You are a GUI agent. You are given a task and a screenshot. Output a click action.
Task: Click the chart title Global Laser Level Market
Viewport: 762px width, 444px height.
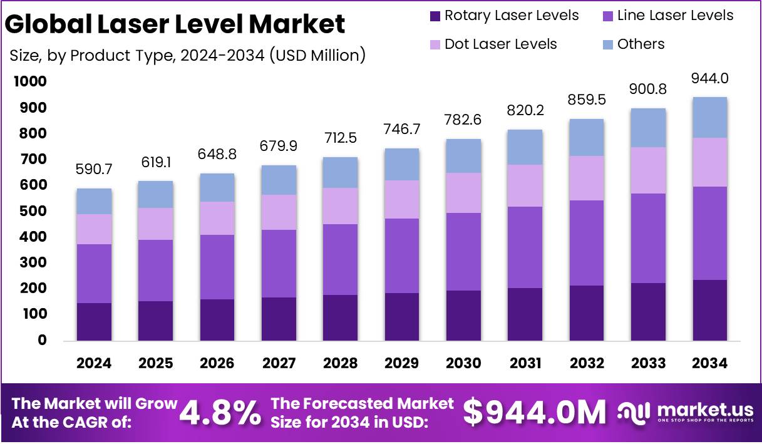175,24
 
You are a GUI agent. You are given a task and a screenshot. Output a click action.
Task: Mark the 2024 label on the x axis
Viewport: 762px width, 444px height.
94,363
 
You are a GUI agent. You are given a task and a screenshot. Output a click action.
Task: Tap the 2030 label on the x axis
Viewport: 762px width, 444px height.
464,363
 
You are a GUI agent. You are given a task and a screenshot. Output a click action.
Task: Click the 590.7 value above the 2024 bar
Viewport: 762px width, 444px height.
94,169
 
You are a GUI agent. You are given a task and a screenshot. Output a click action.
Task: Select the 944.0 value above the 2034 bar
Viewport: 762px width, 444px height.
710,78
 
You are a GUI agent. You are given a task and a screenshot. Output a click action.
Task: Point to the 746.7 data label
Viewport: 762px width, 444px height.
402,129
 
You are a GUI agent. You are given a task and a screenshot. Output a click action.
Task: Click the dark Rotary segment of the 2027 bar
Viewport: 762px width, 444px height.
279,319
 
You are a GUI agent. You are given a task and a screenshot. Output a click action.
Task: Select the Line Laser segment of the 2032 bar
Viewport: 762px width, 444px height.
587,243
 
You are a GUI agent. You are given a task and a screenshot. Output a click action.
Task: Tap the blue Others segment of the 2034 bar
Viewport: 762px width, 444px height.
710,117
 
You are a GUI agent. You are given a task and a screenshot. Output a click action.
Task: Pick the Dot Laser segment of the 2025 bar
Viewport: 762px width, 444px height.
155,224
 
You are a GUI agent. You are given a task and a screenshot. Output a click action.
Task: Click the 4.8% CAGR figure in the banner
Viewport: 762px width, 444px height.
220,413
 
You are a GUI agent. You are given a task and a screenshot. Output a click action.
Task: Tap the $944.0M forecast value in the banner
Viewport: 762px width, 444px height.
535,413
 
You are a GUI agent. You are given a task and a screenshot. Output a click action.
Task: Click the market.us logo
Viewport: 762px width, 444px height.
686,413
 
